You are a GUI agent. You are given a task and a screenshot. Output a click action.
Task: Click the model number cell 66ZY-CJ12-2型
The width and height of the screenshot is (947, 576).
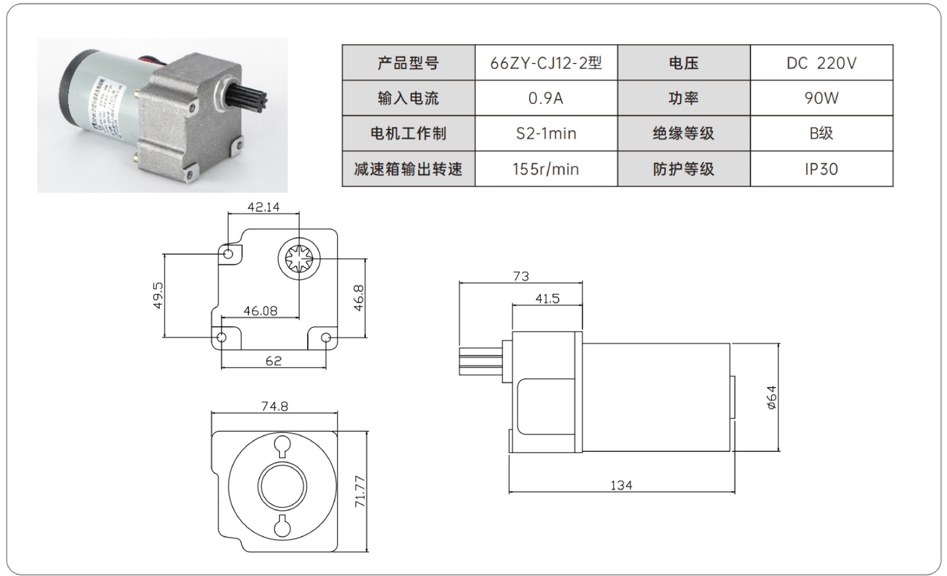[x=546, y=63]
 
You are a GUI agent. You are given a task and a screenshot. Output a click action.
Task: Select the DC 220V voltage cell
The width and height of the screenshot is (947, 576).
[x=821, y=63]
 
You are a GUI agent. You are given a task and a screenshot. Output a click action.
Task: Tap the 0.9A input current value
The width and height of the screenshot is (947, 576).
[x=546, y=98]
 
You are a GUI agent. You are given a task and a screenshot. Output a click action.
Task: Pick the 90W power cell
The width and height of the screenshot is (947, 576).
[x=821, y=98]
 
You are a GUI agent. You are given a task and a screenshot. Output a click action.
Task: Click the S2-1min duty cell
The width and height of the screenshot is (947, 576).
[x=546, y=133]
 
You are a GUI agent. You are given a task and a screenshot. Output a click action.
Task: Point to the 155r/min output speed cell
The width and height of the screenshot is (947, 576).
[x=546, y=169]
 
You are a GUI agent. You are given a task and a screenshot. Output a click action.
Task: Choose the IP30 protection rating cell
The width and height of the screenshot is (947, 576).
[x=821, y=169]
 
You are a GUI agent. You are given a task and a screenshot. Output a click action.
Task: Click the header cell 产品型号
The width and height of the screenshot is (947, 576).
[x=408, y=63]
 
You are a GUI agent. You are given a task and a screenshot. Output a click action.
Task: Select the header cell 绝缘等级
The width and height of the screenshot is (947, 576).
[x=684, y=133]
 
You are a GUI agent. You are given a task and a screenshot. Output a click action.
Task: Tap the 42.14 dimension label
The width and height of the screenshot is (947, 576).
[x=263, y=207]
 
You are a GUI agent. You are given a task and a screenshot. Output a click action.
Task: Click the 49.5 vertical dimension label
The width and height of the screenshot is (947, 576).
[x=157, y=295]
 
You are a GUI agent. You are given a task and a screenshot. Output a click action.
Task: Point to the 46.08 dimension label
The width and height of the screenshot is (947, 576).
[x=260, y=311]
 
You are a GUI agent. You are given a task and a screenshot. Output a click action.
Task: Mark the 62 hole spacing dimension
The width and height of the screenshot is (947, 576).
[x=273, y=361]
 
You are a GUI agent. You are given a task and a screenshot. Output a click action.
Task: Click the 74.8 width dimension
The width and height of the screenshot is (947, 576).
[x=275, y=407]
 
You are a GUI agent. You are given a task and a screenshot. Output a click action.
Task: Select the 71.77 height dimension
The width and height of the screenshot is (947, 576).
[x=360, y=491]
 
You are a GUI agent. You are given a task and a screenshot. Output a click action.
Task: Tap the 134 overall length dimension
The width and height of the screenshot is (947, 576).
[x=621, y=485]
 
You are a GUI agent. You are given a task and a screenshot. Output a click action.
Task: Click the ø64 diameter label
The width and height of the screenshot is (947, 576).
[x=771, y=397]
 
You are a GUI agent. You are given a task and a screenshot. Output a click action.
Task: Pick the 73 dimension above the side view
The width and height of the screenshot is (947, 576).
[x=521, y=276]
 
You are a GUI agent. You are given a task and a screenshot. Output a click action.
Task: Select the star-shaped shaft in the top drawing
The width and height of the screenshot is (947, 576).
[x=299, y=258]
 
